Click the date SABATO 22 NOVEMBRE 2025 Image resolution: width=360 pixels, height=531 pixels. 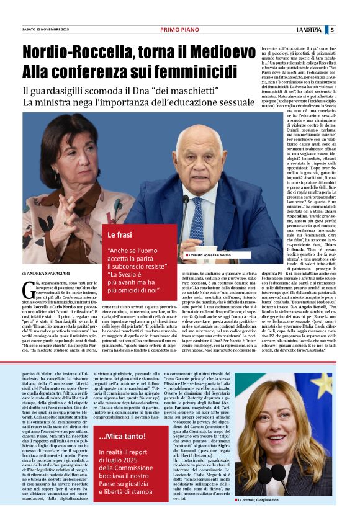45,29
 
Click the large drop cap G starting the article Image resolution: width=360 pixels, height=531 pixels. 27,287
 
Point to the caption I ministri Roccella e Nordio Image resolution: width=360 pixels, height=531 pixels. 208,255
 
